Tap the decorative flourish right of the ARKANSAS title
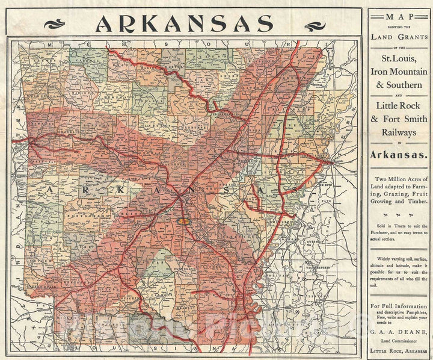[315, 25]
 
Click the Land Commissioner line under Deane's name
[398, 341]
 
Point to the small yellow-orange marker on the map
[186, 221]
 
